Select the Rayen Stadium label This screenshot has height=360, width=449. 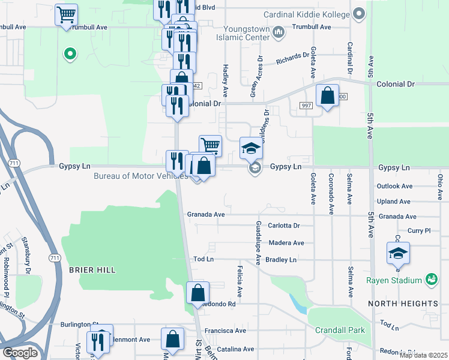[394, 280]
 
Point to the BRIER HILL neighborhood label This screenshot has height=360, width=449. [92, 271]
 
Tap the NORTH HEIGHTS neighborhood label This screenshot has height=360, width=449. [403, 304]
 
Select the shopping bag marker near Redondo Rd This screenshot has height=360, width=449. [197, 293]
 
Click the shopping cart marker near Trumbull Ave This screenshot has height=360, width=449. [66, 14]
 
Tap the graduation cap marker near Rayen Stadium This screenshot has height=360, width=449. [397, 253]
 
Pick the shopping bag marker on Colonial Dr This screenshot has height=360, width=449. [327, 95]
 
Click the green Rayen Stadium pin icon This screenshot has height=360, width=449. [430, 280]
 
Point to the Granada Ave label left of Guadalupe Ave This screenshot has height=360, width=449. [205, 214]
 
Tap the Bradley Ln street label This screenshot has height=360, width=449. [281, 260]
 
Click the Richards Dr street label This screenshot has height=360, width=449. [292, 58]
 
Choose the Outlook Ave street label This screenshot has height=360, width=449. [394, 187]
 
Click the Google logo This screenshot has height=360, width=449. [20, 353]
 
